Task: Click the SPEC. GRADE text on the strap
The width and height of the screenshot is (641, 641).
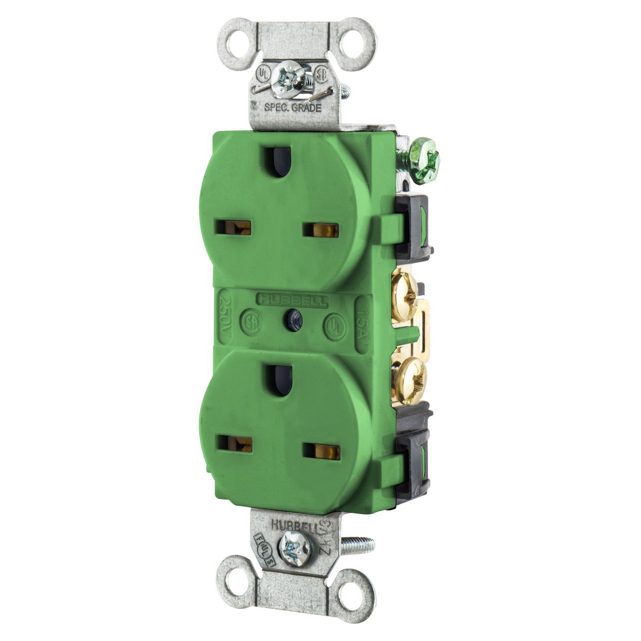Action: (293, 107)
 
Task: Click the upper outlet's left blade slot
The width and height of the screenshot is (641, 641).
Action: (237, 228)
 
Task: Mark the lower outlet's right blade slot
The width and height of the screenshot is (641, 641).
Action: (322, 451)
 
